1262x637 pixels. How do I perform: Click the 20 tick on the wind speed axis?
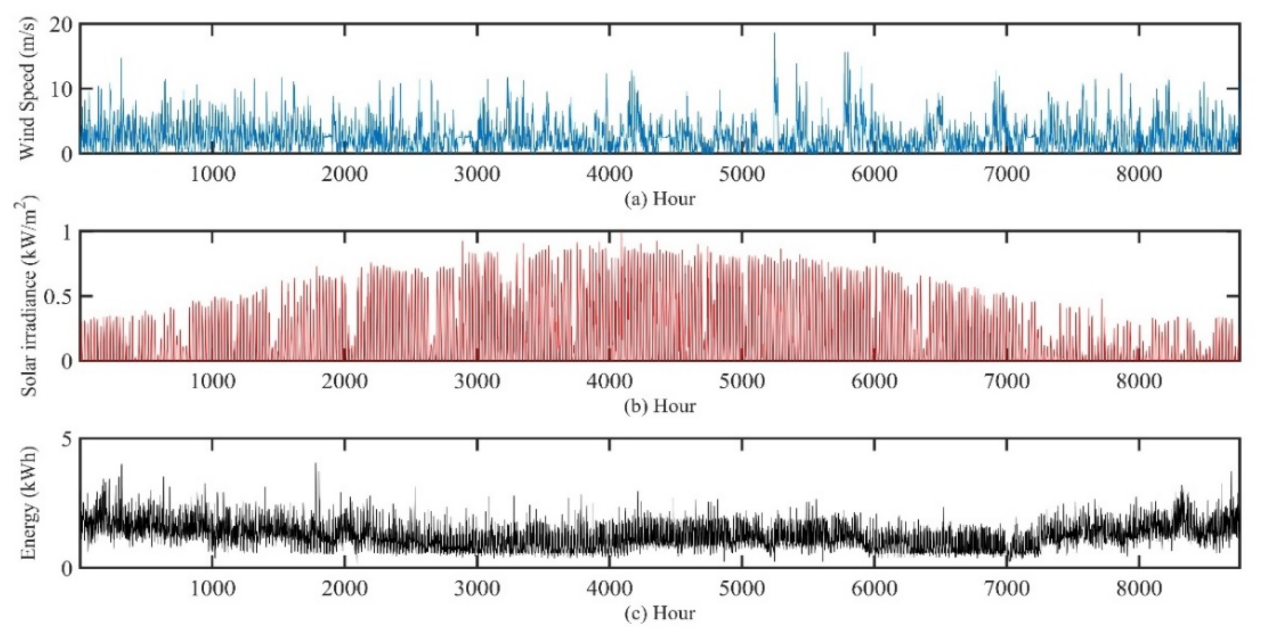(61, 24)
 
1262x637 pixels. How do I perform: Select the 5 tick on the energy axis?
(66, 439)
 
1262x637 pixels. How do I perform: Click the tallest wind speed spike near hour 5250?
(774, 34)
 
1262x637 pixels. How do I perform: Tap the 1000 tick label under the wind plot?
(212, 174)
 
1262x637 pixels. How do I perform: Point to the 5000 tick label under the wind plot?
(742, 174)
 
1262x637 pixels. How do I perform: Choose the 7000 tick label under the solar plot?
(1007, 381)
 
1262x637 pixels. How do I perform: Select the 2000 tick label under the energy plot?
(344, 588)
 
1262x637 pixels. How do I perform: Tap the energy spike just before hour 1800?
(315, 464)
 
